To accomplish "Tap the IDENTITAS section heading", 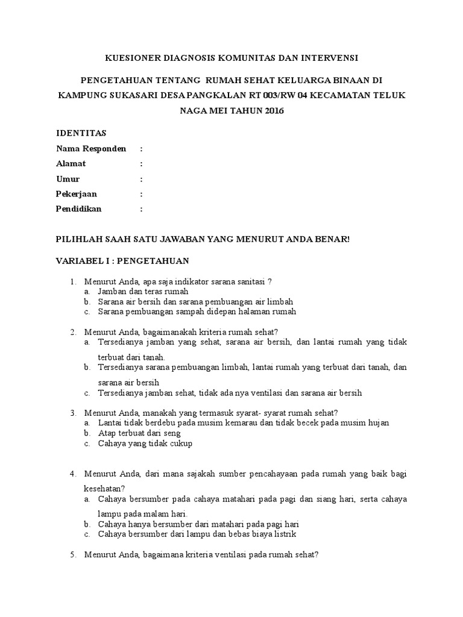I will point(81,133).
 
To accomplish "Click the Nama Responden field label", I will point(91,148).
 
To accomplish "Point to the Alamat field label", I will point(71,163).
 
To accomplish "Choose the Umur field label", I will point(68,179).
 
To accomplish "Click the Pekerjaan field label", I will point(77,194).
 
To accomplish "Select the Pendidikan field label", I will point(79,209).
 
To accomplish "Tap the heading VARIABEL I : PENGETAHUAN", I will point(122,260).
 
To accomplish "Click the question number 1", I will point(72,281).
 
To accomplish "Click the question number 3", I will point(72,413).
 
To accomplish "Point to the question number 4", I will point(72,474).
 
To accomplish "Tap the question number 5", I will point(72,555).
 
